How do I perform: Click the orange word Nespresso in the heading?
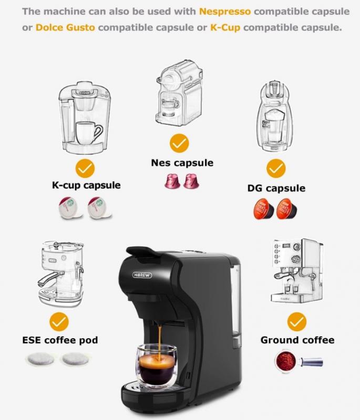pyautogui.click(x=225, y=12)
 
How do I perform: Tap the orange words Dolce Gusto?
pyautogui.click(x=65, y=27)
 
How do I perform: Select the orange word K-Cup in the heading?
pyautogui.click(x=225, y=28)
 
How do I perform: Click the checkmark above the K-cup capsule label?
pyautogui.click(x=85, y=168)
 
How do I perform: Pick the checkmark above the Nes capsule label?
pyautogui.click(x=179, y=143)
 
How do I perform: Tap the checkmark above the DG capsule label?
pyautogui.click(x=276, y=168)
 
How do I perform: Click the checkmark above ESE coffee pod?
pyautogui.click(x=59, y=322)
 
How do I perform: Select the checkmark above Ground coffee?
pyautogui.click(x=297, y=322)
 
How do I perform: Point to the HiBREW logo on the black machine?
pyautogui.click(x=142, y=275)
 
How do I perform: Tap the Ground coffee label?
pyautogui.click(x=297, y=340)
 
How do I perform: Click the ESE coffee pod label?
pyautogui.click(x=60, y=340)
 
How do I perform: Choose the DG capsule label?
pyautogui.click(x=276, y=188)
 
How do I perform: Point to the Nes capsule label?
pyautogui.click(x=182, y=163)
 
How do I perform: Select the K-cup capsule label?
pyautogui.click(x=86, y=185)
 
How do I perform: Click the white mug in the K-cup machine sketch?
pyautogui.click(x=88, y=133)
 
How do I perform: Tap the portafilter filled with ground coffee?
pyautogui.click(x=299, y=361)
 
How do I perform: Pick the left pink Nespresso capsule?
pyautogui.click(x=172, y=181)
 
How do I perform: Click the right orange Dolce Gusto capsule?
pyautogui.click(x=286, y=209)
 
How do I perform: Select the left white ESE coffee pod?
pyautogui.click(x=40, y=359)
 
